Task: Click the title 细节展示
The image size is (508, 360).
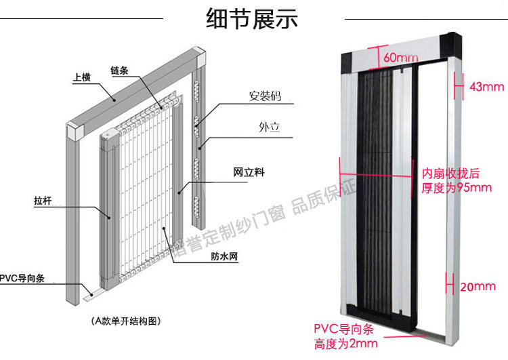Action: click(252, 19)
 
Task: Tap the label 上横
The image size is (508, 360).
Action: click(82, 77)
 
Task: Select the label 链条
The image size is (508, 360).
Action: click(119, 71)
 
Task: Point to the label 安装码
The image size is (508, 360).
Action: click(265, 96)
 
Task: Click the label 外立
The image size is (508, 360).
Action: click(269, 127)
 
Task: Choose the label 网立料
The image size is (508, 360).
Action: click(249, 172)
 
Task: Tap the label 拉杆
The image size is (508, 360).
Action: click(43, 201)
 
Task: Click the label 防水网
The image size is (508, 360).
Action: click(224, 256)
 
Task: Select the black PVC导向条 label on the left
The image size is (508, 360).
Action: click(22, 278)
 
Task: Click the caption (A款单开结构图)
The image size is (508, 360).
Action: click(126, 321)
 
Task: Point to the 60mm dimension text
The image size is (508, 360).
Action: click(401, 58)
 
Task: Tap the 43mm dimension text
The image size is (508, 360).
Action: click(486, 87)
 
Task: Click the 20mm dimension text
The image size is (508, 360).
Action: click(478, 286)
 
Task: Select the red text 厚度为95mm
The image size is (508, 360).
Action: click(456, 188)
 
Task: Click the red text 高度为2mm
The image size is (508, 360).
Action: click(345, 344)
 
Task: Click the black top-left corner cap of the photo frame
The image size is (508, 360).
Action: click(347, 62)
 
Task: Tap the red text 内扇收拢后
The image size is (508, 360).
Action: click(450, 174)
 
